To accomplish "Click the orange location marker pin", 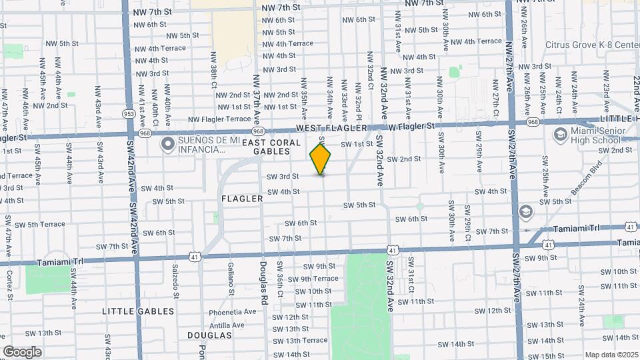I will coord(320,159).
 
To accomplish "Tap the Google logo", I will coord(22,351).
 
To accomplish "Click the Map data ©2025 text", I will coord(611,355).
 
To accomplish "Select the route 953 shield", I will coord(129,114).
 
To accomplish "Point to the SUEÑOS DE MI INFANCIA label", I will coord(201,145).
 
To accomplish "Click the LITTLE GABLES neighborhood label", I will coord(138,311).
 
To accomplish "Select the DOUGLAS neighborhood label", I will coord(209,335).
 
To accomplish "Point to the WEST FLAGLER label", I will coord(332,127).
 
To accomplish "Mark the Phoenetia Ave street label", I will coord(233,311).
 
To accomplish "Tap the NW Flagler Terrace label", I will coord(219,119).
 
